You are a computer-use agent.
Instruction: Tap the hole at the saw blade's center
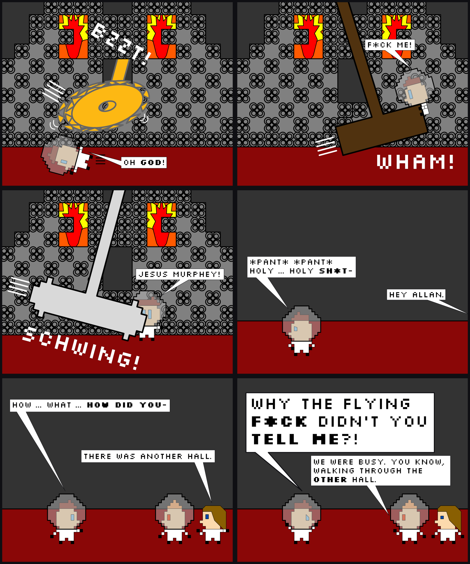[107, 106]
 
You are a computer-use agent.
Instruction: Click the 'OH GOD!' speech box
[144, 162]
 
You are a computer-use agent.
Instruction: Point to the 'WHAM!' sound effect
[415, 162]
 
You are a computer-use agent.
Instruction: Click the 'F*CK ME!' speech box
[390, 45]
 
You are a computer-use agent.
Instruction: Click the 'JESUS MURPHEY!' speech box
[180, 274]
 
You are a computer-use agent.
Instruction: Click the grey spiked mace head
[88, 309]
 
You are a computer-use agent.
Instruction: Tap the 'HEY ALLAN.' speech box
[416, 295]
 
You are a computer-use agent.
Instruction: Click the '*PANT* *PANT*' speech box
[301, 267]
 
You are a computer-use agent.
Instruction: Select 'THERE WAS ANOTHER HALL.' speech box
[148, 456]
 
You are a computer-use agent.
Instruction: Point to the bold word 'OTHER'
[330, 480]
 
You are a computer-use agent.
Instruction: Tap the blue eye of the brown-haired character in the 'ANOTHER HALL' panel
[207, 517]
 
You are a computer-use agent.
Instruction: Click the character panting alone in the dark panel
[301, 331]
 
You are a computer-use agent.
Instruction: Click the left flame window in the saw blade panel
[73, 37]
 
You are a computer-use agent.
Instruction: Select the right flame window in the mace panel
[162, 225]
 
